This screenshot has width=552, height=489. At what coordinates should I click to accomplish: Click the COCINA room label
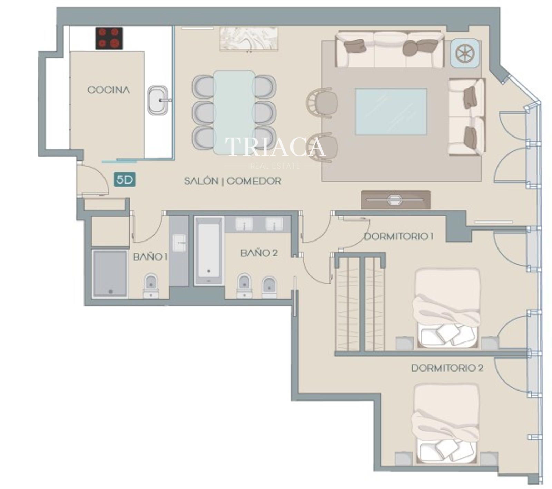(x=109, y=90)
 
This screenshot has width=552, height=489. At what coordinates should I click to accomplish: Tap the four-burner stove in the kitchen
(x=109, y=38)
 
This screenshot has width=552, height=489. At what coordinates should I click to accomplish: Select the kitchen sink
(x=158, y=100)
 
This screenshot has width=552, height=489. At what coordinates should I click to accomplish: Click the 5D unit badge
(x=125, y=180)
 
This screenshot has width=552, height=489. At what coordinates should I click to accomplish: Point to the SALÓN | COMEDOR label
(x=233, y=181)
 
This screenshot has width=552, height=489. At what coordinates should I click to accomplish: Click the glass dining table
(x=234, y=112)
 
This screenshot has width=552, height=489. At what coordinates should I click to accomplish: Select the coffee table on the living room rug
(x=391, y=112)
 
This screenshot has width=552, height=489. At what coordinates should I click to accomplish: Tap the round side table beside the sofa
(x=464, y=53)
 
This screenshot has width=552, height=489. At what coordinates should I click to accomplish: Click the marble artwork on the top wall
(x=249, y=39)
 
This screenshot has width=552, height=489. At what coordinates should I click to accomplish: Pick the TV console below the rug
(x=396, y=200)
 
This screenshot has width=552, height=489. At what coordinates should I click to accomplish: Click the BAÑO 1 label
(x=150, y=257)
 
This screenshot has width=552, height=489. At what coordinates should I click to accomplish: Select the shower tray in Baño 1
(x=110, y=274)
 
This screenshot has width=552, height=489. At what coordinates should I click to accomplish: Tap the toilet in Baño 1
(x=151, y=285)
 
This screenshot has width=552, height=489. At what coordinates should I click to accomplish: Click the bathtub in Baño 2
(x=209, y=251)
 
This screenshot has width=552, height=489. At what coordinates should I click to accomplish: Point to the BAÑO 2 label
(x=259, y=253)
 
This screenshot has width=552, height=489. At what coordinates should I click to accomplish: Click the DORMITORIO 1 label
(x=398, y=237)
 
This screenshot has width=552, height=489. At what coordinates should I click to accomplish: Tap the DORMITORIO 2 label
(x=447, y=368)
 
